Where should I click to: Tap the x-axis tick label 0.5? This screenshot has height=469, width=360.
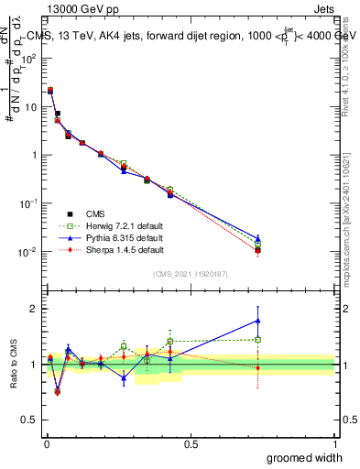(x=191, y=443)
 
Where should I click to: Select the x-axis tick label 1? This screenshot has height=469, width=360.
(x=335, y=443)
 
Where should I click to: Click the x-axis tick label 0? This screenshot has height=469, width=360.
(x=47, y=443)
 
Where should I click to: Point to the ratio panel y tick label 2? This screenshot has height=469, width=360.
(x=36, y=309)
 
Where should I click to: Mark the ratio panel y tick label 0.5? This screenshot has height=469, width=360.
(x=32, y=421)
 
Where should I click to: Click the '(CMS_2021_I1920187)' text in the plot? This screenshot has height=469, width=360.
(x=191, y=274)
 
